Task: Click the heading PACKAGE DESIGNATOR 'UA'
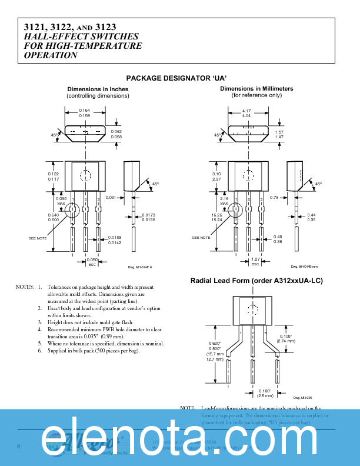[176, 78]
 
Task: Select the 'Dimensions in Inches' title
[98, 89]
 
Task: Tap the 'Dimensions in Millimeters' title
[256, 89]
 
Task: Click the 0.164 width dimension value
[85, 111]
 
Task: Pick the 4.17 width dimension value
[246, 111]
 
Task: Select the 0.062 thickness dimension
[116, 131]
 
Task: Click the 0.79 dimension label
[274, 197]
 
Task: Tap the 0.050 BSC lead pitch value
[91, 259]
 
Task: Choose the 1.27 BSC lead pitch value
[255, 259]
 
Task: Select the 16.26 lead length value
[217, 215]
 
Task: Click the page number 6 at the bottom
[19, 447]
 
